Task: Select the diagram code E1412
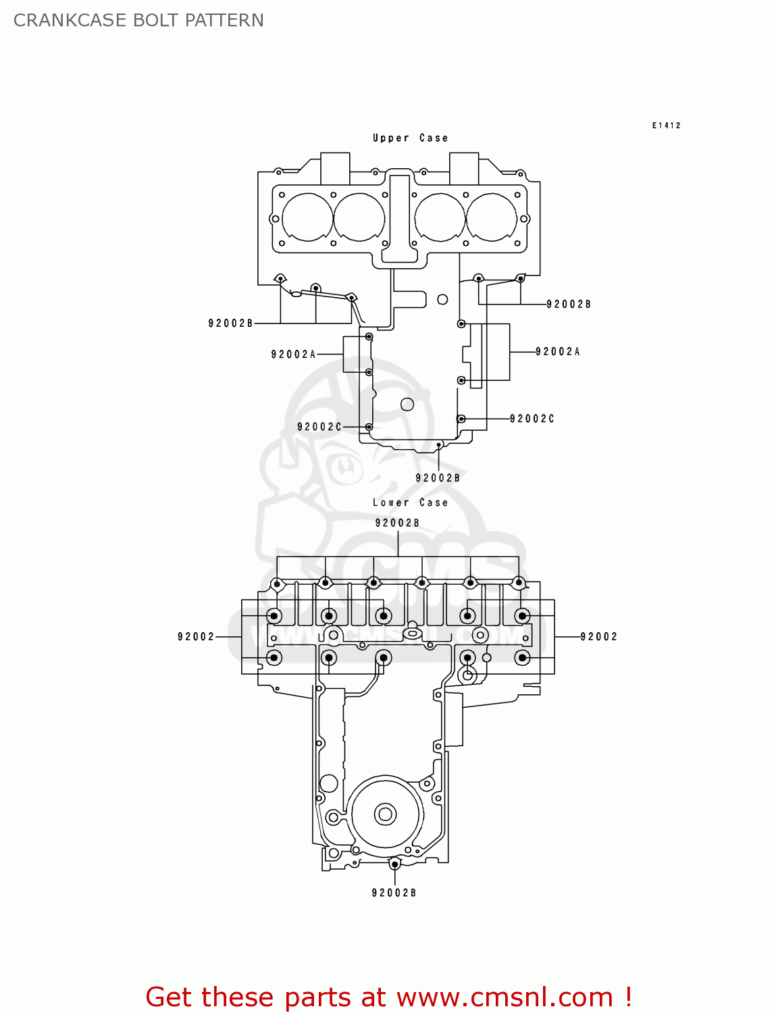666,126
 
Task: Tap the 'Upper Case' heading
410,138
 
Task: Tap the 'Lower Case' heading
410,502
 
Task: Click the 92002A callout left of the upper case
293,354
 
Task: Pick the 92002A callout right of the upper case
557,351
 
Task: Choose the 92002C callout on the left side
319,427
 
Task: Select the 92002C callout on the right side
532,419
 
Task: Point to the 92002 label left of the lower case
196,636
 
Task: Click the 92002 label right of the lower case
598,636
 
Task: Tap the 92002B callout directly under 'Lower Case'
397,523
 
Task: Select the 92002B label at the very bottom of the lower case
394,893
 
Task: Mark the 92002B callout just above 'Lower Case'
438,478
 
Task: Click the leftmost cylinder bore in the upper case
307,217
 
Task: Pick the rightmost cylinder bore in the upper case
492,217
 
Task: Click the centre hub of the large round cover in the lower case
385,814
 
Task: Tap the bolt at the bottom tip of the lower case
394,864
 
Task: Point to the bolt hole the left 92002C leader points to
369,427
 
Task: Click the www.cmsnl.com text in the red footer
504,997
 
